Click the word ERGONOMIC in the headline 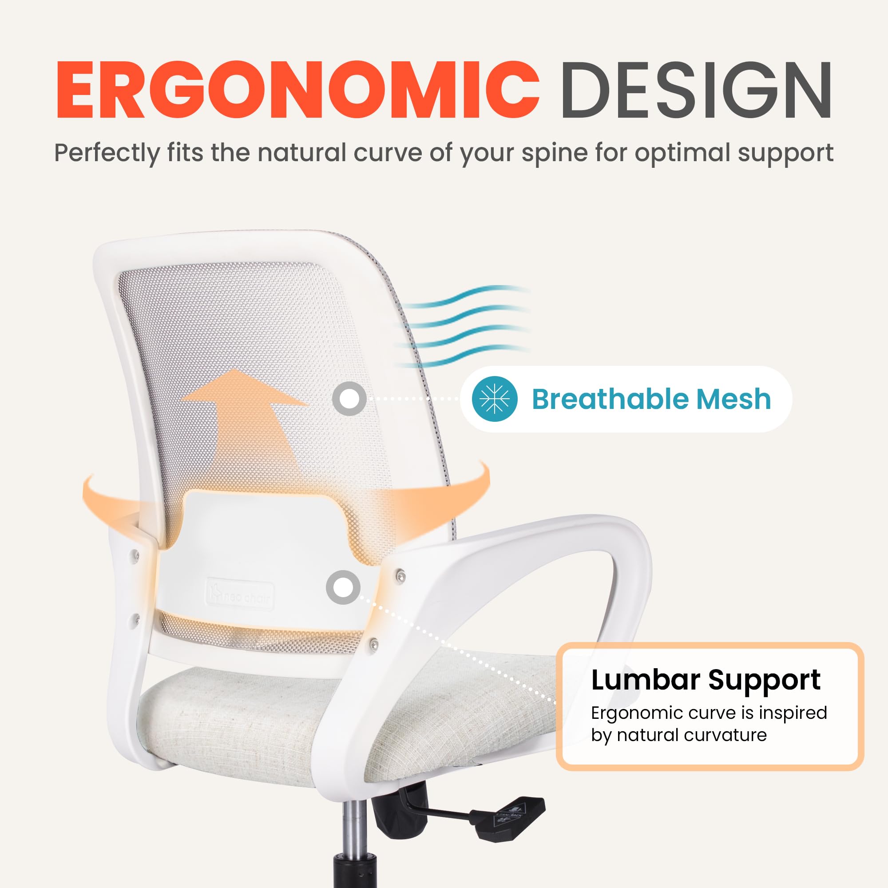point(297,91)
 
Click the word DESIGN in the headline point(695,91)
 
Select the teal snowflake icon point(495,398)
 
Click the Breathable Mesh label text point(651,399)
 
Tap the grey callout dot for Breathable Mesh point(349,399)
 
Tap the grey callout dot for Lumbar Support point(343,587)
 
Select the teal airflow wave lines point(464,326)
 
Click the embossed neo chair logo point(240,596)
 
